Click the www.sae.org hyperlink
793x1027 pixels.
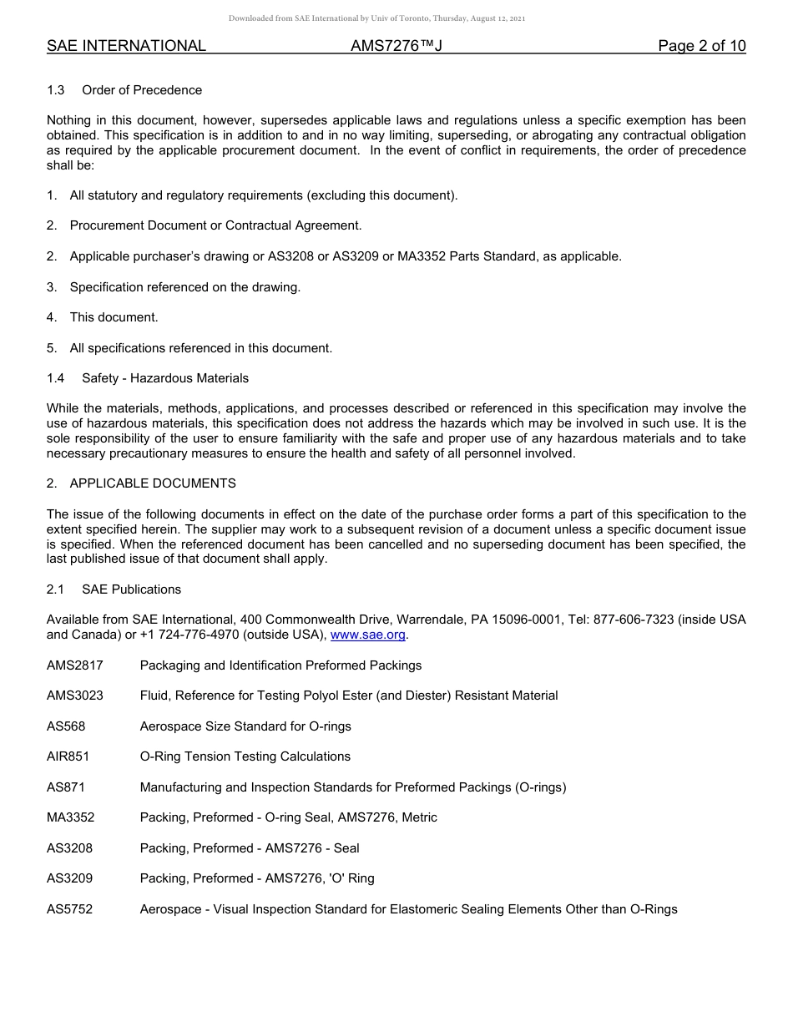(x=367, y=635)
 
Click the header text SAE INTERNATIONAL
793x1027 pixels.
(x=126, y=46)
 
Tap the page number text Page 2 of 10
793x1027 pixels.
(x=701, y=46)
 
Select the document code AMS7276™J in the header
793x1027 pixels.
(x=396, y=46)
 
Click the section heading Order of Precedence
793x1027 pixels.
(x=142, y=90)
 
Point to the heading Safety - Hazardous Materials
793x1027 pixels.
(x=165, y=378)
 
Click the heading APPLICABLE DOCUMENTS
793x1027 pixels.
(x=153, y=483)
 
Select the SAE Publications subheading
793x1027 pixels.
(x=131, y=589)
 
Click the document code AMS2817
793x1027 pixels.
(x=75, y=665)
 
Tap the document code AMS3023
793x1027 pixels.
(x=75, y=696)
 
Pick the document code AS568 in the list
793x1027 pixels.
(x=66, y=726)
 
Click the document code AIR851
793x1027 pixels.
(x=68, y=756)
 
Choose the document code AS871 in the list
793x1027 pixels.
(x=66, y=787)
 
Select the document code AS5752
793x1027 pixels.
(x=69, y=909)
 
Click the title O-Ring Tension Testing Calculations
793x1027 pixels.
(x=245, y=756)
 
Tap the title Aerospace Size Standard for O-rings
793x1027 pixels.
(x=245, y=726)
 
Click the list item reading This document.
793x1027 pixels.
(x=114, y=317)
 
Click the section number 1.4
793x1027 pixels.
(x=56, y=378)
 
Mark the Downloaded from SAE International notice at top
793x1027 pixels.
(x=376, y=18)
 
